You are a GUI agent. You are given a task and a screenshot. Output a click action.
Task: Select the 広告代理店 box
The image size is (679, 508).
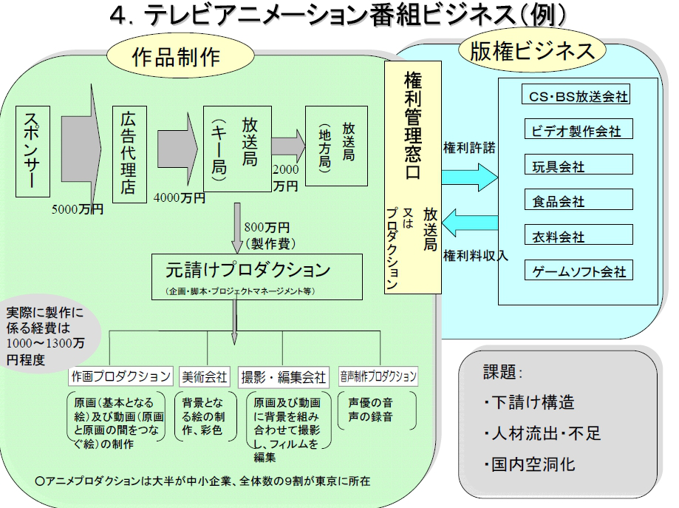(129, 155)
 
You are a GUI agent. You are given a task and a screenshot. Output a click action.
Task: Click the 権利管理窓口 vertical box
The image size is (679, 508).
(412, 177)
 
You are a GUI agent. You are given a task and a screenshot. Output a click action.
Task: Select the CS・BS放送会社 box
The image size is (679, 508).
(579, 96)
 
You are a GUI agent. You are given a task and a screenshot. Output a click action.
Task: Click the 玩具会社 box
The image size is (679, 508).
(579, 165)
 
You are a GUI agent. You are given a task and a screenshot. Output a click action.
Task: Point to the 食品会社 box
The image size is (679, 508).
(579, 200)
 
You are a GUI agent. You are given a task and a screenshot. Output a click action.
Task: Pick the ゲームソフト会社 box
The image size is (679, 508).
(579, 271)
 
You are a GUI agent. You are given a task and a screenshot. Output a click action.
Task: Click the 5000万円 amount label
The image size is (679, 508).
(78, 209)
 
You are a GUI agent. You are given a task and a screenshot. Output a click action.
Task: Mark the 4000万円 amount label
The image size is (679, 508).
(180, 197)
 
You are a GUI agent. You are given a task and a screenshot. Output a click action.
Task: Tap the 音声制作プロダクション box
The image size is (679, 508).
(378, 376)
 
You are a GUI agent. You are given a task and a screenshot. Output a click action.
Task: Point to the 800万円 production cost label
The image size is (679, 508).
(266, 227)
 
